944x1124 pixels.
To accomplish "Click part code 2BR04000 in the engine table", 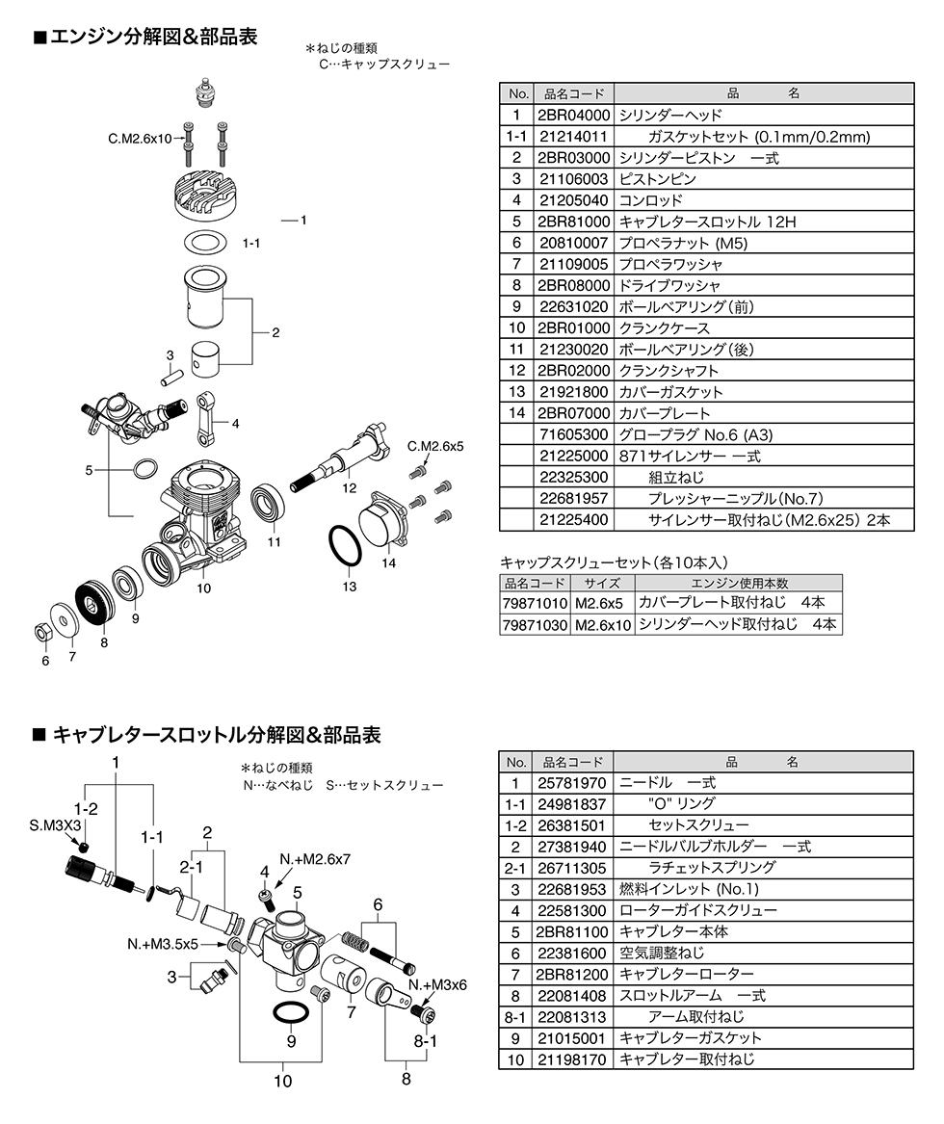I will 572,115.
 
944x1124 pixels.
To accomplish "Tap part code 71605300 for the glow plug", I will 572,434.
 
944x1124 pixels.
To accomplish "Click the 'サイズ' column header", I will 602,583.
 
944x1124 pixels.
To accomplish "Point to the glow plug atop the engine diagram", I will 204,93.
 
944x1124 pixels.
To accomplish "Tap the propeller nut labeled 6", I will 43,633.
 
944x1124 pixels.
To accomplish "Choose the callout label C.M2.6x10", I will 140,139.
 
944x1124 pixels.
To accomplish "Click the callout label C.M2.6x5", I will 435,446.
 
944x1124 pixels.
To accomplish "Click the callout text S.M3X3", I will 55,825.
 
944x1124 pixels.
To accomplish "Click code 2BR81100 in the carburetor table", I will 572,931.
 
